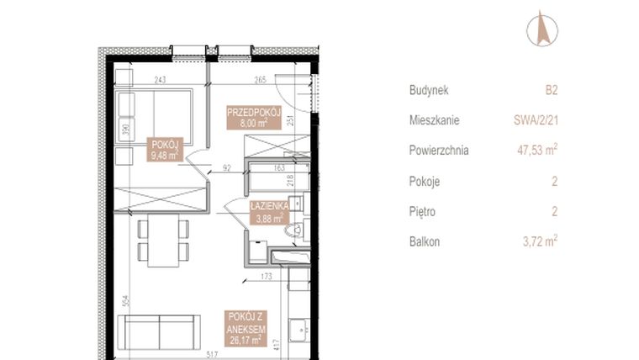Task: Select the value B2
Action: (x=552, y=89)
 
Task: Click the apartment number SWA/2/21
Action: (x=537, y=120)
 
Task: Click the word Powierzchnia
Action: (x=438, y=151)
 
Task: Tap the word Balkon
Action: (x=425, y=241)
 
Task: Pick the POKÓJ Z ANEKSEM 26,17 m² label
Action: (x=247, y=327)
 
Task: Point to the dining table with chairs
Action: (x=162, y=240)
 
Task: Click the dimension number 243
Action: (x=160, y=80)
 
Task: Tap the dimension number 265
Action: (x=259, y=80)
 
